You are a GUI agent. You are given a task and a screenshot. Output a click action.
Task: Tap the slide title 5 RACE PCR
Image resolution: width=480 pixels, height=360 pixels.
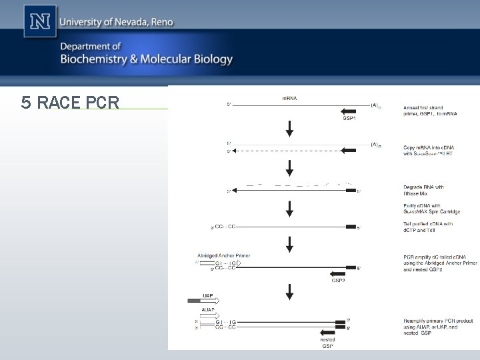tap(70, 103)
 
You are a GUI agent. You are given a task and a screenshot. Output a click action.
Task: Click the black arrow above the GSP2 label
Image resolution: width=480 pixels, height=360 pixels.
tap(339, 273)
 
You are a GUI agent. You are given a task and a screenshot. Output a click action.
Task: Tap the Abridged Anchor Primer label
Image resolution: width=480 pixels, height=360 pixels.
tap(223, 255)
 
